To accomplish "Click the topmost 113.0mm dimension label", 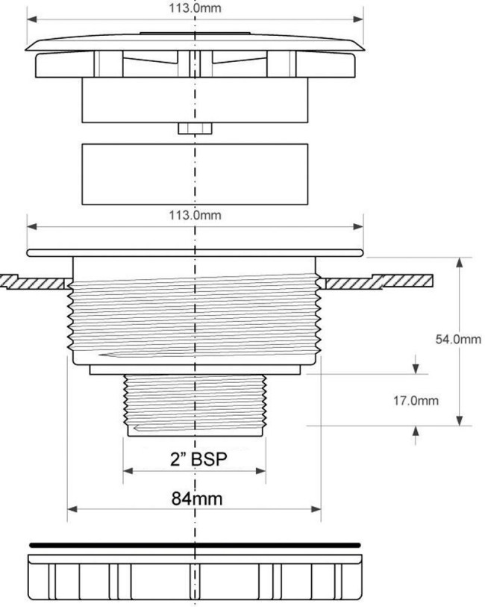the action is pos(195,7).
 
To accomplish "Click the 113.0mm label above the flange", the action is pos(195,215).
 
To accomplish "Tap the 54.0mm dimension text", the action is pos(458,340).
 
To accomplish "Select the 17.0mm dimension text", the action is pos(416,400).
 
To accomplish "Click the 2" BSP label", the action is pos(198,459).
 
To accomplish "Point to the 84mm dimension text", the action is pos(197,499).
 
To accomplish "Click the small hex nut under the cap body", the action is pos(195,128).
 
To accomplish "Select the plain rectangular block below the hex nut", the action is pos(195,174).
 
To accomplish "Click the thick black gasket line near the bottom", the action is pos(195,546).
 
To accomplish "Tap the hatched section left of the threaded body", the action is pos(35,281).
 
